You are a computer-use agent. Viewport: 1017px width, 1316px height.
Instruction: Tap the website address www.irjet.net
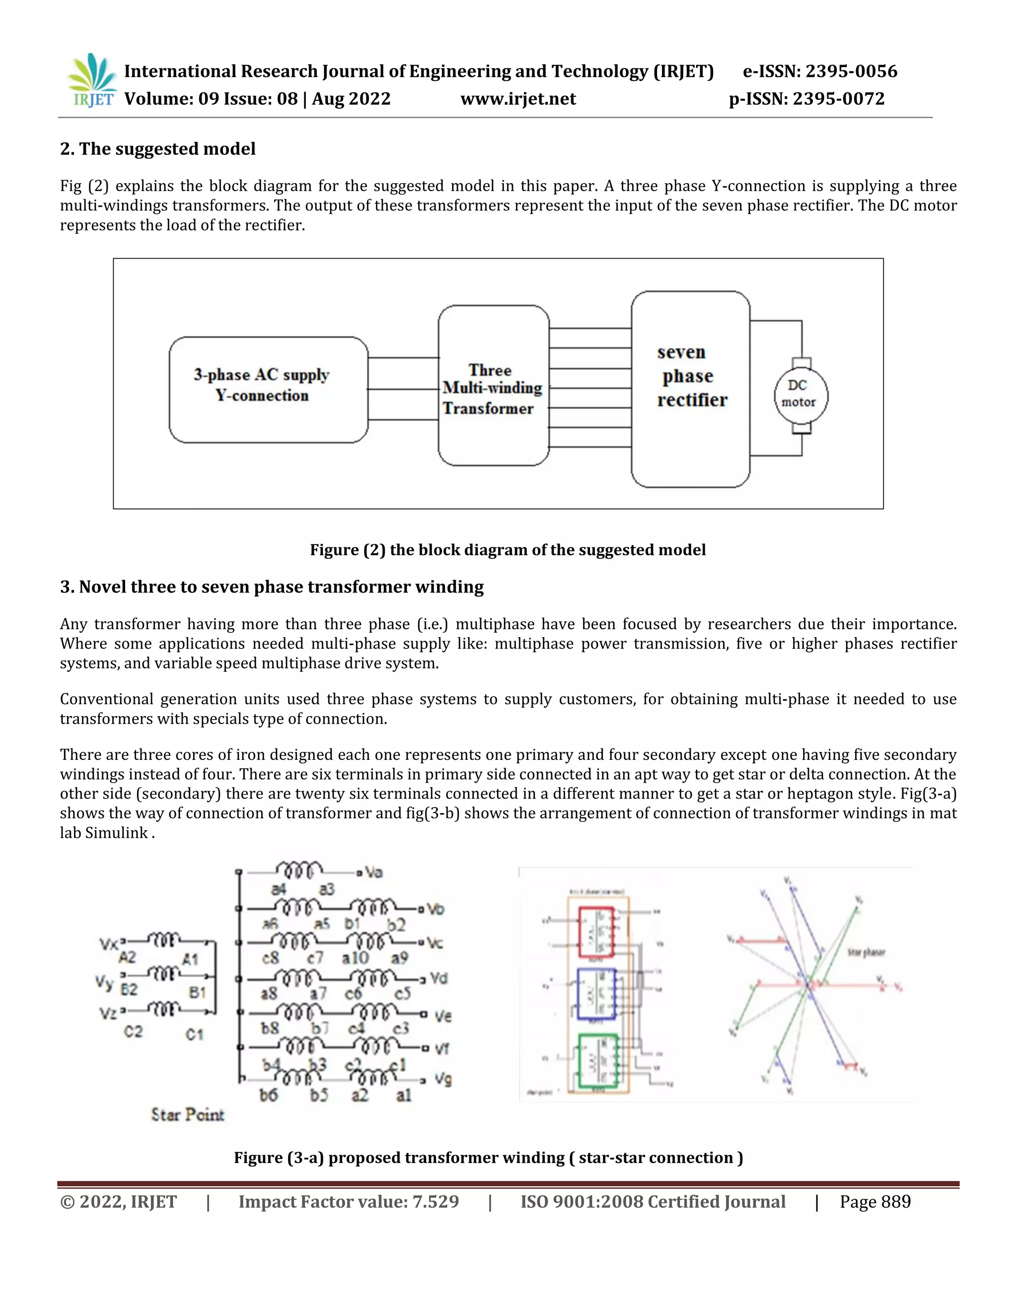[x=518, y=99]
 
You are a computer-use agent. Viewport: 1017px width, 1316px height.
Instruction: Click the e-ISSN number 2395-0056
[x=851, y=71]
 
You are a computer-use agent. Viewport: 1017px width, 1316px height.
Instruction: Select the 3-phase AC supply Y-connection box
[x=268, y=390]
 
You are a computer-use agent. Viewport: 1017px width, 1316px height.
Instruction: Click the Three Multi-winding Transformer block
[x=493, y=386]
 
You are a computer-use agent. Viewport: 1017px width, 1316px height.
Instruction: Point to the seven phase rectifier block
[x=690, y=389]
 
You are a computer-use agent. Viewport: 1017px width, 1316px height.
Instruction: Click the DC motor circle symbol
[x=800, y=396]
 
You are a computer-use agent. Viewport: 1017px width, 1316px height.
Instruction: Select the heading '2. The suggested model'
[x=158, y=149]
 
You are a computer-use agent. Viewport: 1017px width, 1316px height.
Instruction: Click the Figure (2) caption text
[x=508, y=550]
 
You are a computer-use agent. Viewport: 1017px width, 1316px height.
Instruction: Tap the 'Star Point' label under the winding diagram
[x=187, y=1115]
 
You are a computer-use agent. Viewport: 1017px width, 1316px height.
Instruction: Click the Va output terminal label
[x=373, y=872]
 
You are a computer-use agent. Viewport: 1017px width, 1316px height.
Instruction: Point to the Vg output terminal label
[x=443, y=1079]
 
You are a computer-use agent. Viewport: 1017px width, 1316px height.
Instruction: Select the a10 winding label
[x=355, y=957]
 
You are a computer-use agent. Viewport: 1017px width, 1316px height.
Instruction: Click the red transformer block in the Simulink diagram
[x=596, y=932]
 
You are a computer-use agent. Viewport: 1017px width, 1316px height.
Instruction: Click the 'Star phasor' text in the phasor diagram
[x=866, y=952]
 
